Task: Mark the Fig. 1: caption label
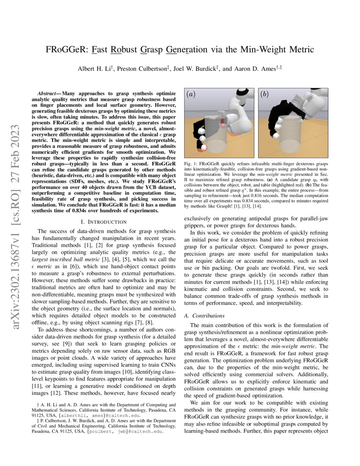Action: coord(191,163)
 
